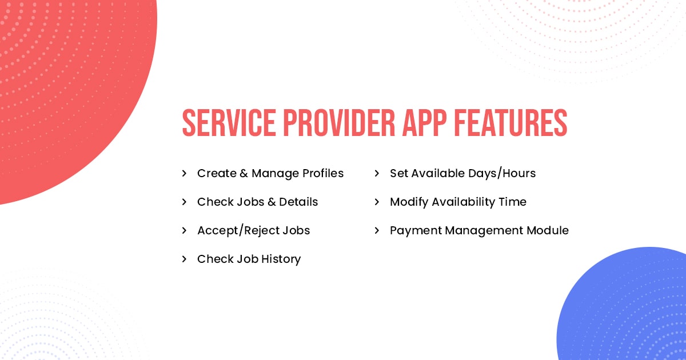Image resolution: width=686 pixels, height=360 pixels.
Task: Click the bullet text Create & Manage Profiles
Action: coord(270,173)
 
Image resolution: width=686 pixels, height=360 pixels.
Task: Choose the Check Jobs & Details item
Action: coord(257,202)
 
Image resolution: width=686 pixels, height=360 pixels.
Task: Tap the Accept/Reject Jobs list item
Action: coord(253,230)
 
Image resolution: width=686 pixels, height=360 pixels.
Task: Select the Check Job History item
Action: coord(249,259)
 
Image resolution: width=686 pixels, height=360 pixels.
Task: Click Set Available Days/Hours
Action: coord(462,173)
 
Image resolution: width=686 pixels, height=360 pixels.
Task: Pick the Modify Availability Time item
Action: coord(458,202)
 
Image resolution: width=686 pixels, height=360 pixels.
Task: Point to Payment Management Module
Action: coord(479,230)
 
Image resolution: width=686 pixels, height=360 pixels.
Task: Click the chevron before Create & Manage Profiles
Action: coord(184,173)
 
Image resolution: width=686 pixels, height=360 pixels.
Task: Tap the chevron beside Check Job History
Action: coord(184,259)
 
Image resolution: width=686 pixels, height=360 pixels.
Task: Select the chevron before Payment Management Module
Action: coord(377,230)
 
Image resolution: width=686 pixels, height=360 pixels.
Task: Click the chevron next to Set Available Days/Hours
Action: coord(377,173)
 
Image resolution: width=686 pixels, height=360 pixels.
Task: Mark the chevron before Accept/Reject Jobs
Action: coord(184,230)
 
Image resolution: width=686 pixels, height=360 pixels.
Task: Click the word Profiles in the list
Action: coord(322,173)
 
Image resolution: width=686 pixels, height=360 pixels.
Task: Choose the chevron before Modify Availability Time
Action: coord(377,202)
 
